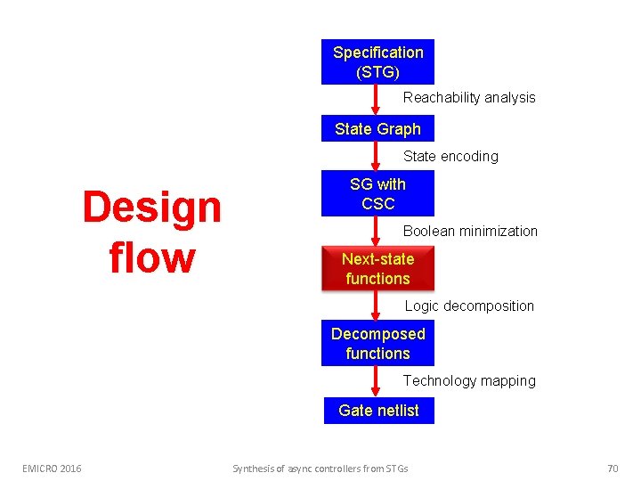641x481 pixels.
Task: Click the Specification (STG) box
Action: point(377,62)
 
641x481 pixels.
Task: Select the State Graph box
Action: point(377,129)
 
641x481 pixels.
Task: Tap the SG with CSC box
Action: point(377,193)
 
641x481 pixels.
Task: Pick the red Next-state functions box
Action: point(377,268)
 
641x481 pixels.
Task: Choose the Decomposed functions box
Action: point(377,344)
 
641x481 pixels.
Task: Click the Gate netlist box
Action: point(378,411)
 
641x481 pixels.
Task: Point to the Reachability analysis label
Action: point(469,98)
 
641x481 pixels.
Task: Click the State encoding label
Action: point(450,157)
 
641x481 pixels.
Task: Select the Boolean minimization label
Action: point(470,232)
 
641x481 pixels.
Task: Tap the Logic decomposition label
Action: point(469,306)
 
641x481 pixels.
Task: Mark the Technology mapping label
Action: point(469,381)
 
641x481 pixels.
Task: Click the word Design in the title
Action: point(151,208)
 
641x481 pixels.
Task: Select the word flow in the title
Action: point(151,257)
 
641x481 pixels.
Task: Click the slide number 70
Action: point(612,468)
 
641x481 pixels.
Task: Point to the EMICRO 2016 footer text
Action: point(52,468)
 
